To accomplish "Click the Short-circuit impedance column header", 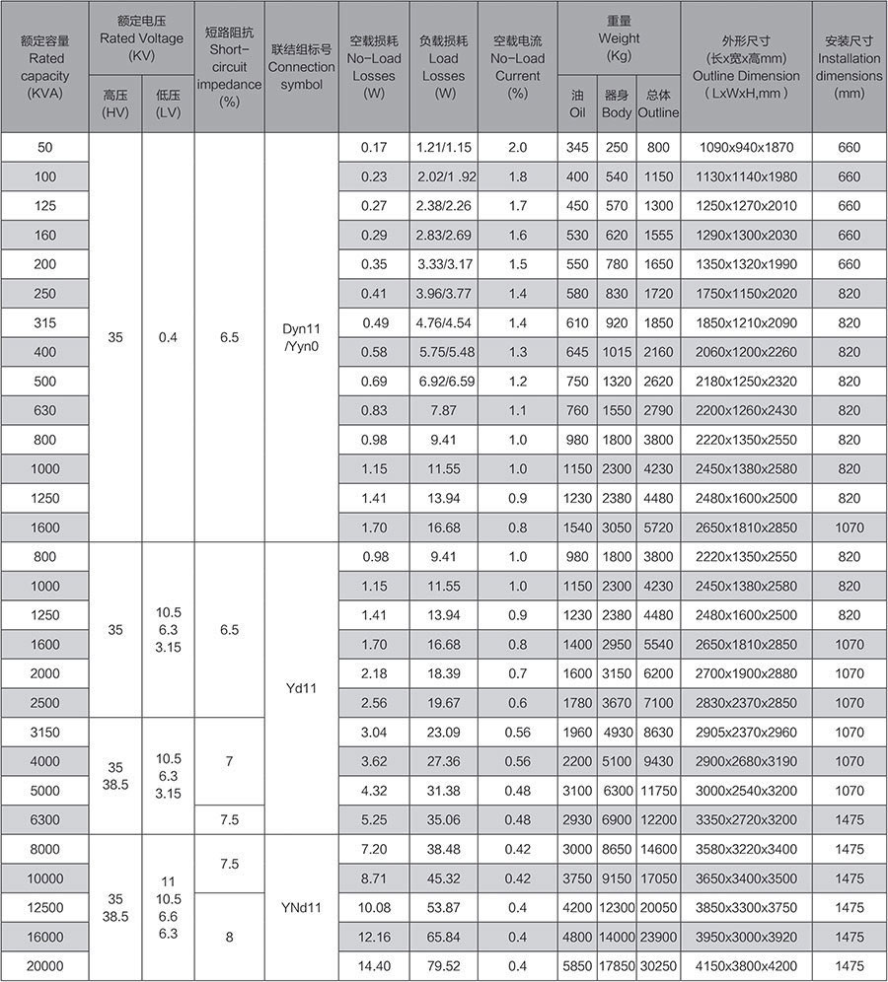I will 229,66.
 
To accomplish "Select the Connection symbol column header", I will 302,66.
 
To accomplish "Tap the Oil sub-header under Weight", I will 577,104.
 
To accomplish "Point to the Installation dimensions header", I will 849,66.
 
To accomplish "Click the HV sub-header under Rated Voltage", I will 115,104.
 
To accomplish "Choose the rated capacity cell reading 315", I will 45,322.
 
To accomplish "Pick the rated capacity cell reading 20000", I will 45,966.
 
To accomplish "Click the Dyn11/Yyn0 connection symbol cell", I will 302,336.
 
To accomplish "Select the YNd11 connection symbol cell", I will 302,907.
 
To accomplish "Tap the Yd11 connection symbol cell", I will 302,688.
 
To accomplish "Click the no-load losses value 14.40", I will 374,966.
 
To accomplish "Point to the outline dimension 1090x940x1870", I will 746,147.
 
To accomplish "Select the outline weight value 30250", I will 658,966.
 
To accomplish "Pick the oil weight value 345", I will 577,147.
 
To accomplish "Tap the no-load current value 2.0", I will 517,147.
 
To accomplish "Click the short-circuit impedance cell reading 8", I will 229,937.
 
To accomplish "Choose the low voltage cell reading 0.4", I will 169,336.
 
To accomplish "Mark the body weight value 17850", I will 617,966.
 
